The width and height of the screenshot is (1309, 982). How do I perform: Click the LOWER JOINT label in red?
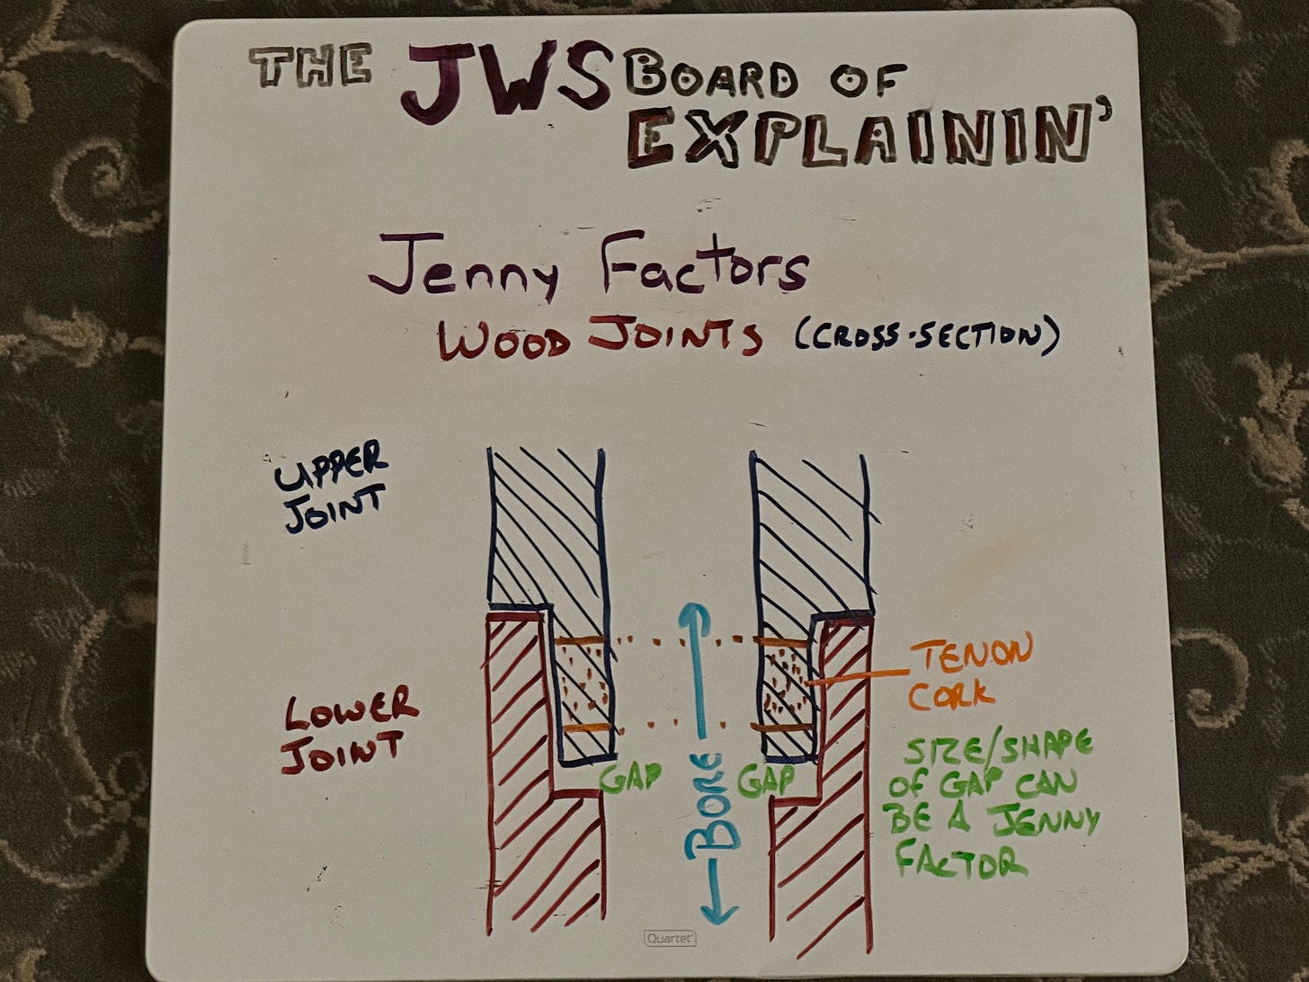[349, 727]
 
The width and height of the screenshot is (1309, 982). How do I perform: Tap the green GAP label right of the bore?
[766, 779]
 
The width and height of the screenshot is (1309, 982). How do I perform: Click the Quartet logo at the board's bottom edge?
[670, 938]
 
